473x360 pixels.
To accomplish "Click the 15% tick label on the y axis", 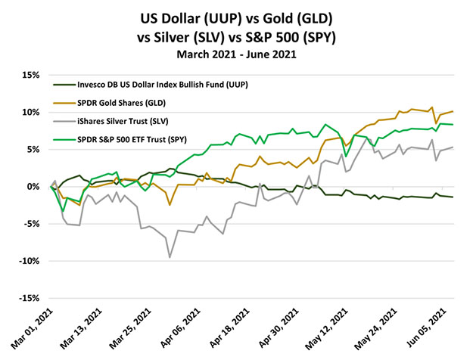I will (28, 75).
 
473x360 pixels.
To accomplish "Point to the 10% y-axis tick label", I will (28, 112).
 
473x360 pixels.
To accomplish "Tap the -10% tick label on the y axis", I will (26, 262).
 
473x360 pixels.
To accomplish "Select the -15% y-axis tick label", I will (26, 299).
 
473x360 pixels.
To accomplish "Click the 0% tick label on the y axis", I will (32, 187).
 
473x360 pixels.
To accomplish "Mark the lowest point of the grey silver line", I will (170, 258).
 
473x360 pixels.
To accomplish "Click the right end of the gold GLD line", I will (453, 111).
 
